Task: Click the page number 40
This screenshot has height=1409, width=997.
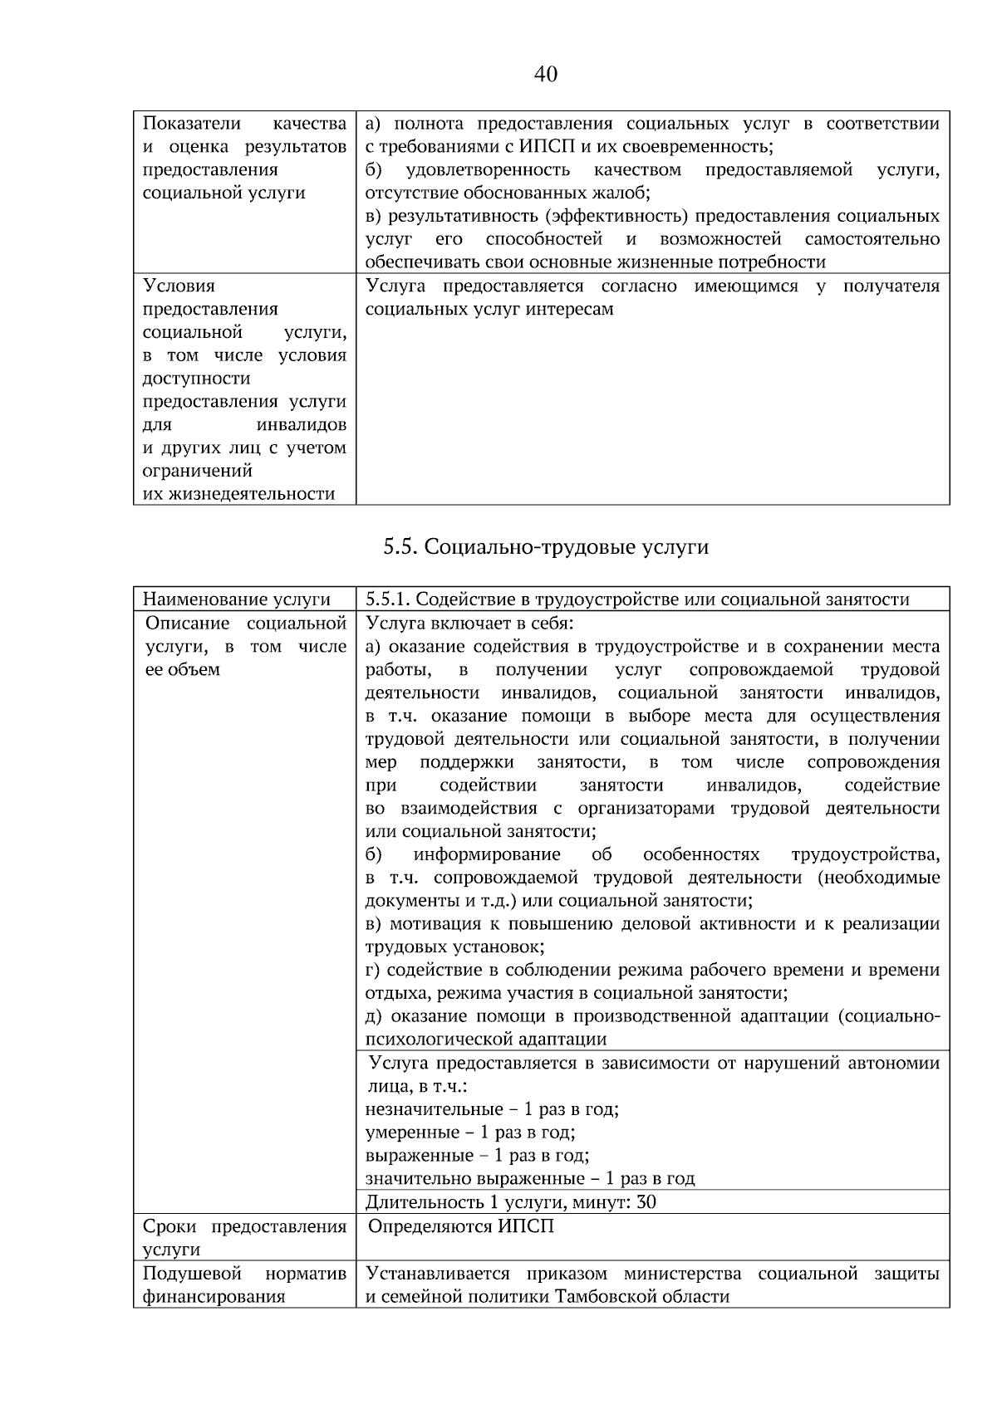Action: [546, 75]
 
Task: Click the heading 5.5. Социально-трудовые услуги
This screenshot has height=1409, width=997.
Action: [546, 546]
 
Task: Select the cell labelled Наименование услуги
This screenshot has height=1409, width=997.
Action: [237, 599]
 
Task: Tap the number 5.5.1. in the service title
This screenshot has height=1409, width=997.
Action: [387, 599]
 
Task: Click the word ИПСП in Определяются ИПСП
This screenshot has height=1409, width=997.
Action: [527, 1226]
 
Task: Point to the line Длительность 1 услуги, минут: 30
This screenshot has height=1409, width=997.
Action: [511, 1201]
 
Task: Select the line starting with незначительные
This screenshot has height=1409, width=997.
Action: [492, 1109]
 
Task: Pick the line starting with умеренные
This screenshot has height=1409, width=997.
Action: [470, 1133]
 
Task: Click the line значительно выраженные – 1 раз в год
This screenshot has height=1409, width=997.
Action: [530, 1178]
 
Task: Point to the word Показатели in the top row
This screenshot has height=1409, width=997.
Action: [192, 124]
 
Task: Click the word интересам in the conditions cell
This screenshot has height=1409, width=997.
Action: [572, 309]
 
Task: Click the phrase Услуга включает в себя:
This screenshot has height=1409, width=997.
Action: [469, 623]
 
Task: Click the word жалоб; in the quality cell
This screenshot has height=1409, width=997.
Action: [622, 193]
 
